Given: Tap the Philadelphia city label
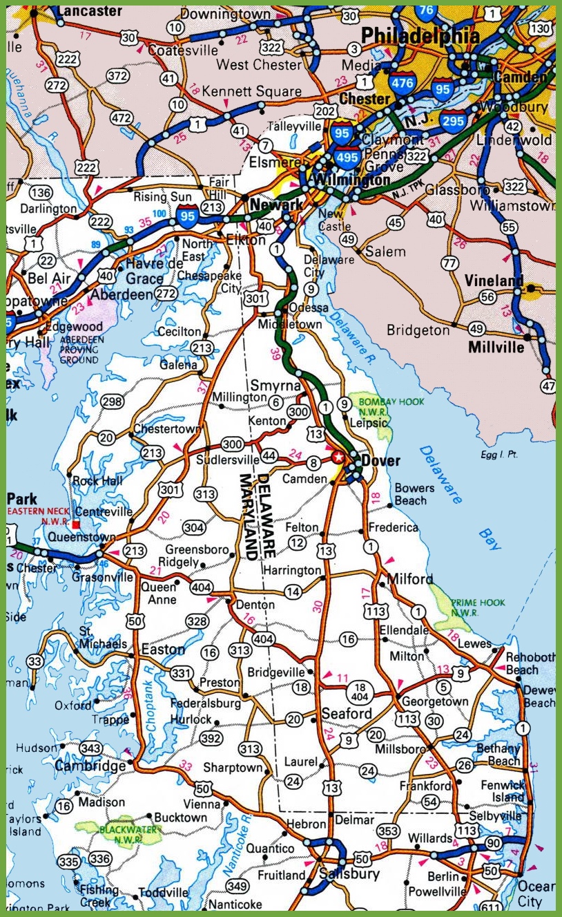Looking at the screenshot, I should point(420,36).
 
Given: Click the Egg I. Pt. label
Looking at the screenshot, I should point(499,455).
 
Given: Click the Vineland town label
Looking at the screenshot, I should point(493,281).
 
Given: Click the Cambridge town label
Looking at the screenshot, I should point(90,766).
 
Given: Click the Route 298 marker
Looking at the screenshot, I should point(111,402).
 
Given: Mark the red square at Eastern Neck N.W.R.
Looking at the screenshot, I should point(76,524).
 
